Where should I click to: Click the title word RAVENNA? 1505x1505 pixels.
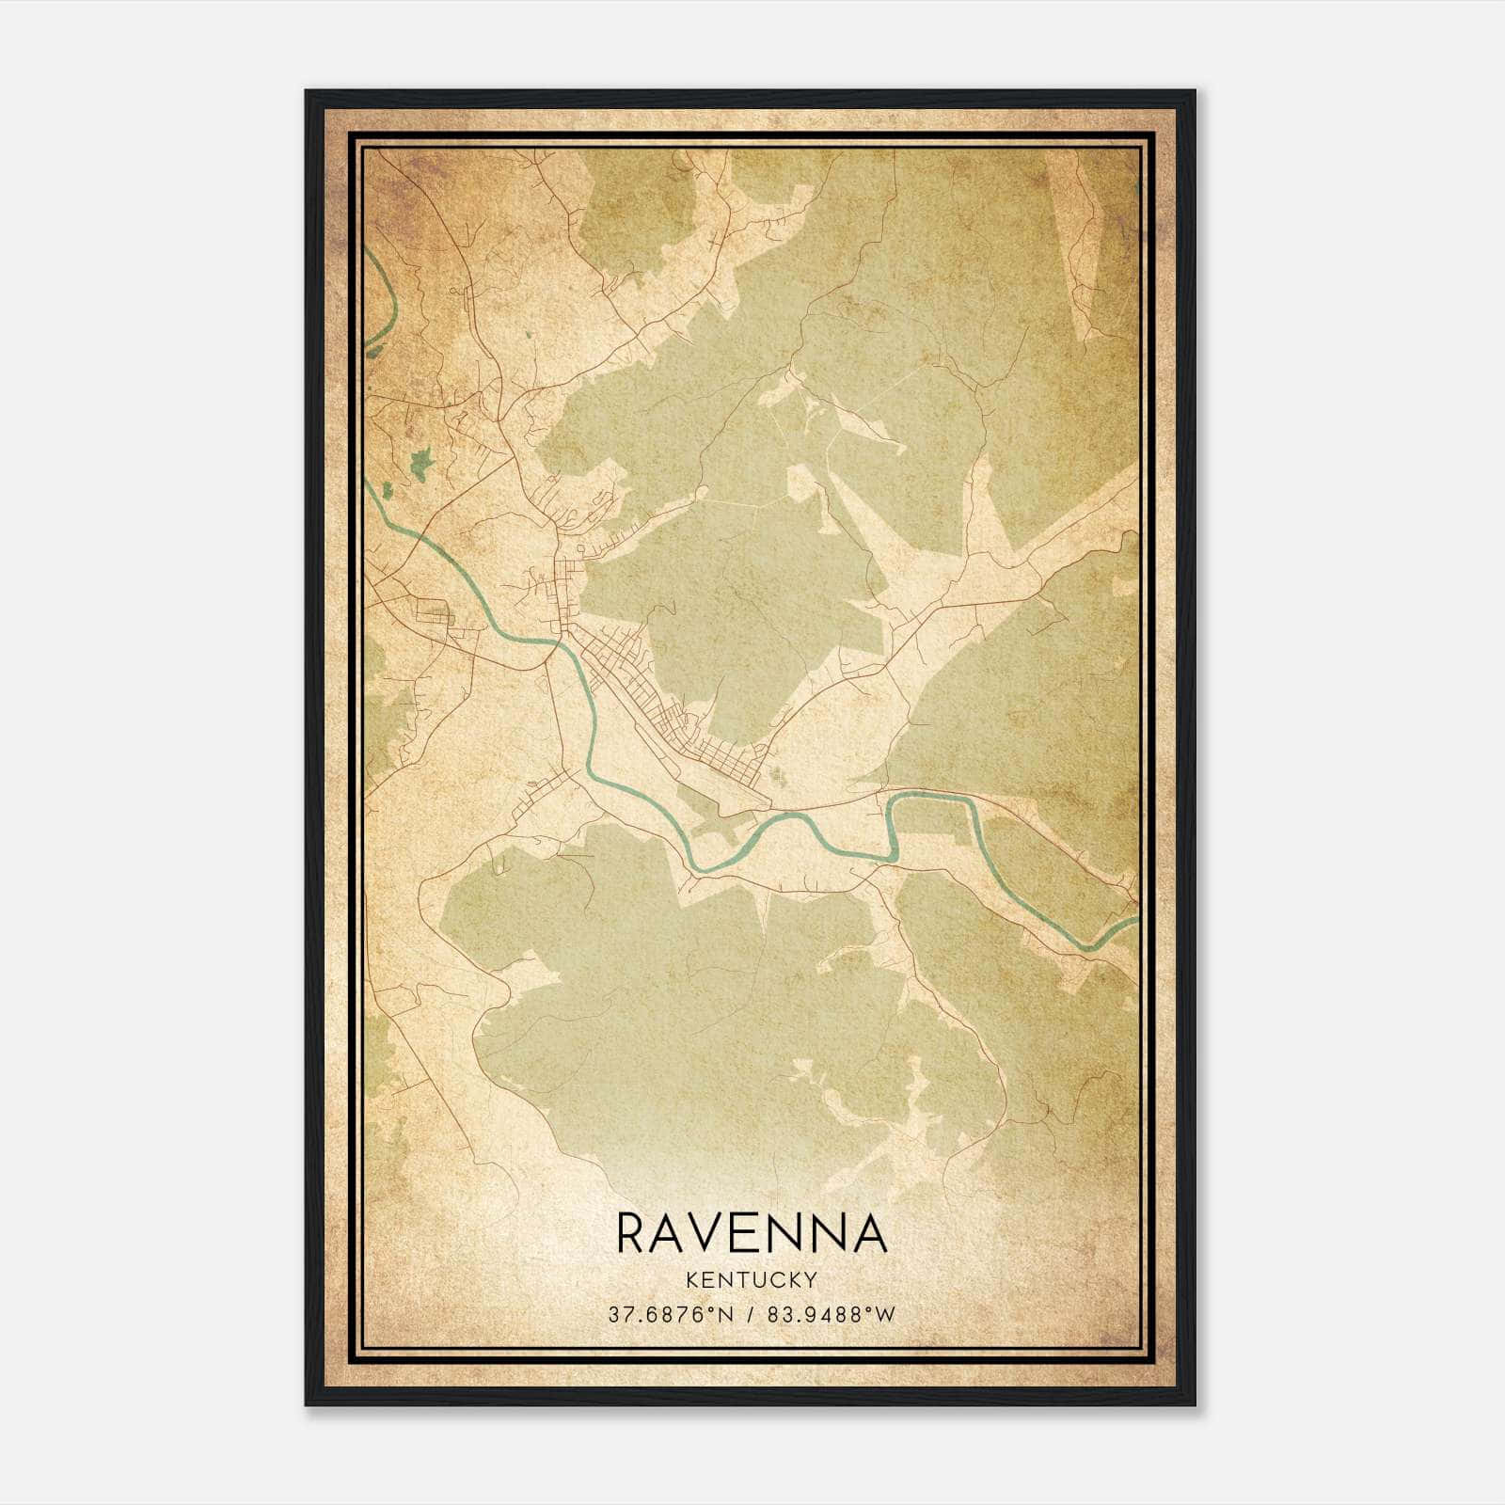[x=752, y=1233]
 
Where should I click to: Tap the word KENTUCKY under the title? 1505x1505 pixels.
[x=752, y=1279]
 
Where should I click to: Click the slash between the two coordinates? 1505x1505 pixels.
[x=751, y=1315]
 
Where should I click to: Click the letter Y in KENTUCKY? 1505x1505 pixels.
[x=810, y=1279]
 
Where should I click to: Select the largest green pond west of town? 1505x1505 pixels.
[x=420, y=461]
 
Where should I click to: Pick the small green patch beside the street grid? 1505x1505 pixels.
[x=777, y=774]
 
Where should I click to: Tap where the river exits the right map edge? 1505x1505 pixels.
[x=1135, y=920]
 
